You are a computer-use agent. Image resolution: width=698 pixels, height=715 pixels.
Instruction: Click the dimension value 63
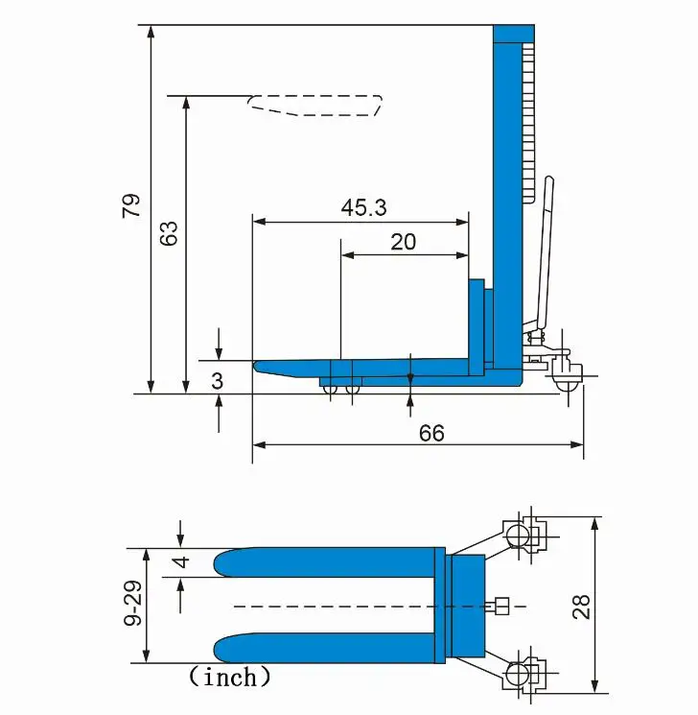click(x=169, y=233)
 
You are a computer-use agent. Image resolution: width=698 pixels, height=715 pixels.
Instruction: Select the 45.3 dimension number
click(x=363, y=207)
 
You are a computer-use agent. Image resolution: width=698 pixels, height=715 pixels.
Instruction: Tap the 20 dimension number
click(x=404, y=241)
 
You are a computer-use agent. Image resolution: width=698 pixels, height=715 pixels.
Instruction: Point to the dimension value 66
click(x=431, y=433)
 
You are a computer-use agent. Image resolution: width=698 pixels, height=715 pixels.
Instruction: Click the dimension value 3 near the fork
click(x=218, y=381)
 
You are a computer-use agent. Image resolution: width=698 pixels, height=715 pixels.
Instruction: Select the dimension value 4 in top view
click(x=181, y=560)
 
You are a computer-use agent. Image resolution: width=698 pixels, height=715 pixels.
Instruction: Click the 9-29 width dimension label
click(x=133, y=605)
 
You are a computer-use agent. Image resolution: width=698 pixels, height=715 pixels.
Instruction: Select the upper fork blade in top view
click(x=326, y=561)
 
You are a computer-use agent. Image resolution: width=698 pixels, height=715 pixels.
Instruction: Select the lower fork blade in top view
click(x=326, y=649)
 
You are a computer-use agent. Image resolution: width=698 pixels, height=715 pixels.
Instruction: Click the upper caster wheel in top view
click(x=518, y=534)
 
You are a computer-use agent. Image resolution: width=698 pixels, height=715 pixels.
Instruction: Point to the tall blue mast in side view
click(x=504, y=192)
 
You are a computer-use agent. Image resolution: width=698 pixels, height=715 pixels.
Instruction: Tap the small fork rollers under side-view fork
click(x=341, y=389)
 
